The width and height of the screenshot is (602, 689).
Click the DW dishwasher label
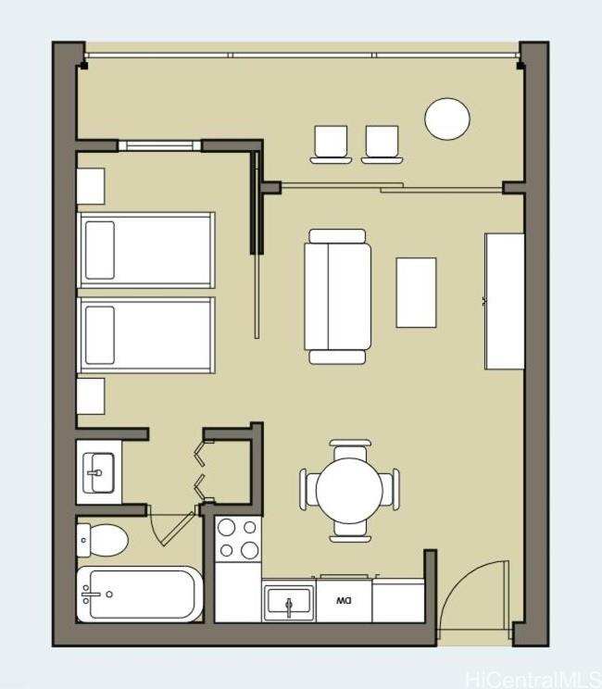point(344,601)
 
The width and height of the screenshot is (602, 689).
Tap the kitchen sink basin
point(289,601)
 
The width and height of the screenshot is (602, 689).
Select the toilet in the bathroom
point(103,540)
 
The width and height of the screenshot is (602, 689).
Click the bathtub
point(140,595)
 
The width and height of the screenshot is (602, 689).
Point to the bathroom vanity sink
point(98,473)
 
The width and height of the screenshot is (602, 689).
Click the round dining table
point(349,491)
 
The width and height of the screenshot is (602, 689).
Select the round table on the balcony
point(447,119)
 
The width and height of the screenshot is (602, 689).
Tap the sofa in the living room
point(337,296)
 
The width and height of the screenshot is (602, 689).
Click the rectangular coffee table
point(416,293)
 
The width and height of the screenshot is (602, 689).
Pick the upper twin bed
point(146,250)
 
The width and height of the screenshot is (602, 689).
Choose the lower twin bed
point(146,335)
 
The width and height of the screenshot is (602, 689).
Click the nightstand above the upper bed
point(91,186)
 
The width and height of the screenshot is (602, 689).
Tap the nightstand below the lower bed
point(91,396)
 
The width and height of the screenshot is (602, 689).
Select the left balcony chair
point(331,144)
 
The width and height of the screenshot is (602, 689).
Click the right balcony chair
point(382,144)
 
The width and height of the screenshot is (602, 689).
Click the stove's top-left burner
point(226,527)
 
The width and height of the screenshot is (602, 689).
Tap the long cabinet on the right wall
point(505,302)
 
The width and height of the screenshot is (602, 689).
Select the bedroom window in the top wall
point(159,145)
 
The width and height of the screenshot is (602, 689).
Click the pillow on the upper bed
point(100,250)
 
